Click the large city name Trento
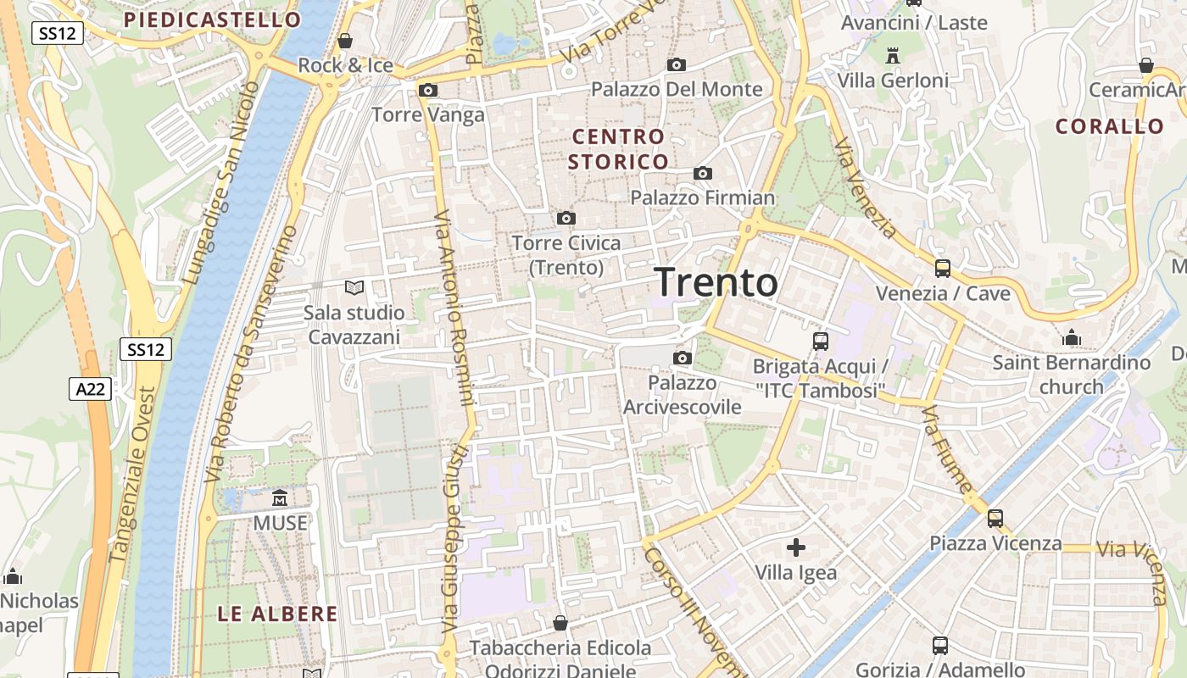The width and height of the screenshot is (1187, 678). [716, 282]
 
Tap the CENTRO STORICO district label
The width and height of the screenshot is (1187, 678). [618, 148]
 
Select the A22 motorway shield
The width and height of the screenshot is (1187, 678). [89, 388]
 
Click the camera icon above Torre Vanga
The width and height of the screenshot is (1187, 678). [428, 90]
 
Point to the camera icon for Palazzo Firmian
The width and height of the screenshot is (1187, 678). [702, 173]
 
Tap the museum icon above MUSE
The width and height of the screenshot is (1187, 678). [280, 497]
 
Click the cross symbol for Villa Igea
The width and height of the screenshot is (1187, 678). [795, 547]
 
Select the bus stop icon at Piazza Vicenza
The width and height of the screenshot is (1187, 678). [995, 518]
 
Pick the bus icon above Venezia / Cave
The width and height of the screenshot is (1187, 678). [943, 269]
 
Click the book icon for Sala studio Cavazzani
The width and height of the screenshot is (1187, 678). [354, 288]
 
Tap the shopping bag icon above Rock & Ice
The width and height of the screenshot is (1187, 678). [345, 40]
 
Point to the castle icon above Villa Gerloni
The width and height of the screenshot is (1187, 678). [892, 56]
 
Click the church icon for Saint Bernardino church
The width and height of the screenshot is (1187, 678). [1072, 338]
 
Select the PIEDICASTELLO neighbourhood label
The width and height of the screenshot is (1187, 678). [212, 19]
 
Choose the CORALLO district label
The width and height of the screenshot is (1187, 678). [1110, 126]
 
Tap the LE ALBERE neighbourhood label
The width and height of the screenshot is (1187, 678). [277, 614]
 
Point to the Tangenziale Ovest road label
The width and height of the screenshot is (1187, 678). [132, 475]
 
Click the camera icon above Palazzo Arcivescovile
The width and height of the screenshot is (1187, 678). [682, 358]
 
